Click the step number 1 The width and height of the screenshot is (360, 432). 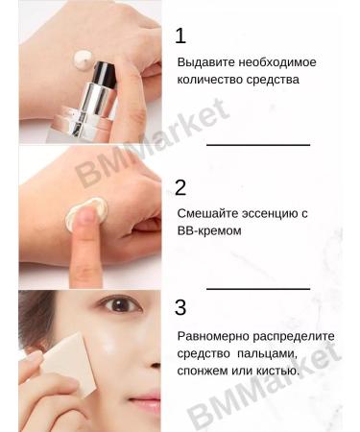coord(180,36)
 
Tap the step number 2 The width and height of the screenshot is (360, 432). coord(180,187)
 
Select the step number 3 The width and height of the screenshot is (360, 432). coord(180,308)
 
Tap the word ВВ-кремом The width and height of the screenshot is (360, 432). coord(208,231)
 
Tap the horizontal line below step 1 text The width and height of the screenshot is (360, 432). coord(258,144)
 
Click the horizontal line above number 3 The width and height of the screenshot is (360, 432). coord(258,287)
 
